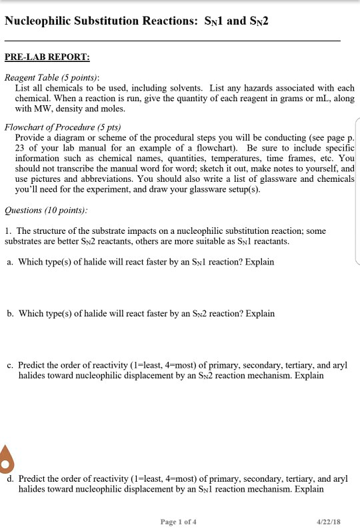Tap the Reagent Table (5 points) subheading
(x=52, y=77)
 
